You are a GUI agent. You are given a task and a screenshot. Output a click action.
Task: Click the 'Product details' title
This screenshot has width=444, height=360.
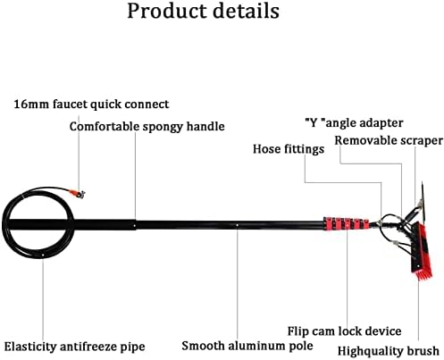[204, 12]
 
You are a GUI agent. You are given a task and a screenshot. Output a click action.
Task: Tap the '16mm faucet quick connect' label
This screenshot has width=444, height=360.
[91, 105]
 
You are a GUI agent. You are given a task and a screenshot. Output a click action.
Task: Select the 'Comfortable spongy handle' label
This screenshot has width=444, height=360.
[147, 127]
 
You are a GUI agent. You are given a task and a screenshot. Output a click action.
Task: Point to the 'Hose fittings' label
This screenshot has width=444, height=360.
[289, 149]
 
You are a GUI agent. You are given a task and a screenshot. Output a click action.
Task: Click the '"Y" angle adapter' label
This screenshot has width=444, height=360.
[354, 122]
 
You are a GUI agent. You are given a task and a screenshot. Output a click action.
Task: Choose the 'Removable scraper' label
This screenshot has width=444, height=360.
[389, 140]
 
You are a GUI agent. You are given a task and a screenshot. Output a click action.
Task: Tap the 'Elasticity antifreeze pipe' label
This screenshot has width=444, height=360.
[74, 347]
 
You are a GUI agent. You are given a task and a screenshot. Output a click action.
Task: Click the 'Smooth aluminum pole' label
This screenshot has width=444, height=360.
[247, 346]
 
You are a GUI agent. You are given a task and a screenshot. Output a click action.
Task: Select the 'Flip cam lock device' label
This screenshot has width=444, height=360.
[344, 331]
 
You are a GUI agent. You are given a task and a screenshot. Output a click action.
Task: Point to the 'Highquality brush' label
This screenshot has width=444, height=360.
[389, 351]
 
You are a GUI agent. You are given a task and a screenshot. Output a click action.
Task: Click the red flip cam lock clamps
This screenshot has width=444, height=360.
[346, 224]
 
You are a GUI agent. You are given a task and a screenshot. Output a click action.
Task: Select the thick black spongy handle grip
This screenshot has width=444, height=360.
[72, 224]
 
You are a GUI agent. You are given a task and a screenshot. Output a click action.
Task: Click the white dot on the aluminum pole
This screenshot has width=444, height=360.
[237, 225]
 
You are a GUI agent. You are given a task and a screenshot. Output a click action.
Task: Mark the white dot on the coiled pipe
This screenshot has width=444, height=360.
[44, 255]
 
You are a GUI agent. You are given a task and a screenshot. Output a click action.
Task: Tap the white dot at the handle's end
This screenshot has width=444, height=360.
[135, 226]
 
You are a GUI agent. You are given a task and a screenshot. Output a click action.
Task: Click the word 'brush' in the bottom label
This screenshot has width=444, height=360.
[423, 351]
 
